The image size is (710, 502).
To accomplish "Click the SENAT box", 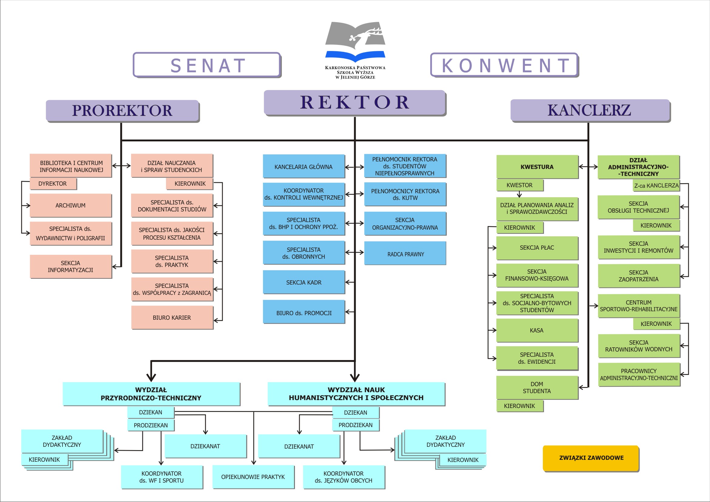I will pyautogui.click(x=207, y=65).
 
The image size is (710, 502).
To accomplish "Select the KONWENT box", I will pyautogui.click(x=504, y=65).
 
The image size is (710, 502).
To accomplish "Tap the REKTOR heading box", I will pyautogui.click(x=355, y=103).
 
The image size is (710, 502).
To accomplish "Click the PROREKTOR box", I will pyautogui.click(x=122, y=110).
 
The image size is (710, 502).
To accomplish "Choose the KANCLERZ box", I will pyautogui.click(x=590, y=110).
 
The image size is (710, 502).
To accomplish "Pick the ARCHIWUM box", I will pyautogui.click(x=70, y=206).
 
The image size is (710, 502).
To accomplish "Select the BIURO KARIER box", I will pyautogui.click(x=172, y=318).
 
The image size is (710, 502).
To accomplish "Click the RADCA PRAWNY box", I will pyautogui.click(x=405, y=254).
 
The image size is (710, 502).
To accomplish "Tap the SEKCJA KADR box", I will pyautogui.click(x=304, y=282).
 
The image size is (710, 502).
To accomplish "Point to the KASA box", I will pyautogui.click(x=537, y=330).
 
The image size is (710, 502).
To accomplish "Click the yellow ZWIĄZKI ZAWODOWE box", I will pyautogui.click(x=591, y=458).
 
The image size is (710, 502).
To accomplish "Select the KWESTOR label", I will pyautogui.click(x=519, y=185).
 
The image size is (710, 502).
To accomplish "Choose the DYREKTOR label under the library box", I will pyautogui.click(x=53, y=184).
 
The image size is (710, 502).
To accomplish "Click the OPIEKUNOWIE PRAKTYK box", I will pyautogui.click(x=253, y=477).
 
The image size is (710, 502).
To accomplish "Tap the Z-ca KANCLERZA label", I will pyautogui.click(x=656, y=185).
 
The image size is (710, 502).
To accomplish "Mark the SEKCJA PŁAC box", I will pyautogui.click(x=537, y=248).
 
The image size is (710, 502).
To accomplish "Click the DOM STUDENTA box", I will pyautogui.click(x=537, y=388).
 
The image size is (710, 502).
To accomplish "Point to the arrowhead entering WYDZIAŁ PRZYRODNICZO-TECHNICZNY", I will pyautogui.click(x=151, y=378).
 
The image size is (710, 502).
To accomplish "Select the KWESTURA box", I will pyautogui.click(x=537, y=167).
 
